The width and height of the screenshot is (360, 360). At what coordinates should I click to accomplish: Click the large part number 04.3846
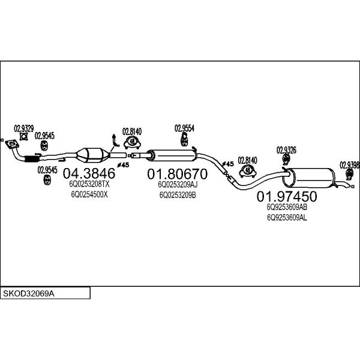pos(89,173)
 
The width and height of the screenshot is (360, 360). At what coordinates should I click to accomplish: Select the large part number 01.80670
pos(177,174)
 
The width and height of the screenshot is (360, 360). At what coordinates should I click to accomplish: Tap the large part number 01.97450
pos(287,197)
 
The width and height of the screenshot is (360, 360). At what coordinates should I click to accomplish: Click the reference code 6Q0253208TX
pos(89,184)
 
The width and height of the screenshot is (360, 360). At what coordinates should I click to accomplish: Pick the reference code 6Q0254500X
pos(89,194)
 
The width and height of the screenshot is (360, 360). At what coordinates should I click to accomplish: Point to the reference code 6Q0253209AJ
pos(178,185)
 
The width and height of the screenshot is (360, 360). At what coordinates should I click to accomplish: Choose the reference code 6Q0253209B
pos(178,195)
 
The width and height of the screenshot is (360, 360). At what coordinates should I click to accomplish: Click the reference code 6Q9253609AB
pos(287,207)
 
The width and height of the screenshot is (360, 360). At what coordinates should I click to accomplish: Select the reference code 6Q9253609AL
pos(287,218)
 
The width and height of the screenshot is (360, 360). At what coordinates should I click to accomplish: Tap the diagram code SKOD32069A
pos(28,293)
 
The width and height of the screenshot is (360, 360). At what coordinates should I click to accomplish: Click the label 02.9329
pos(24,128)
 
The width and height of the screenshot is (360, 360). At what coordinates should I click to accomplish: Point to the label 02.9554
pos(184,128)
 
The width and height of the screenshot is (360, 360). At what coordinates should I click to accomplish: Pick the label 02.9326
pos(286,150)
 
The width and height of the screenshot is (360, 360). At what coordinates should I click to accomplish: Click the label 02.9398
pos(349,165)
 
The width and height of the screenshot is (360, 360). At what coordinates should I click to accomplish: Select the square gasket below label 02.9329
pos(23,136)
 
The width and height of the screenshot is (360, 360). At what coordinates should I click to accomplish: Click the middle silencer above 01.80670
pos(172,155)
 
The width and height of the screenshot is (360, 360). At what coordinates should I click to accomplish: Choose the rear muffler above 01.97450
pos(309,178)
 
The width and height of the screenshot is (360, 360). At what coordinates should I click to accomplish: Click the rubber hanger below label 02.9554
pos(184,140)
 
